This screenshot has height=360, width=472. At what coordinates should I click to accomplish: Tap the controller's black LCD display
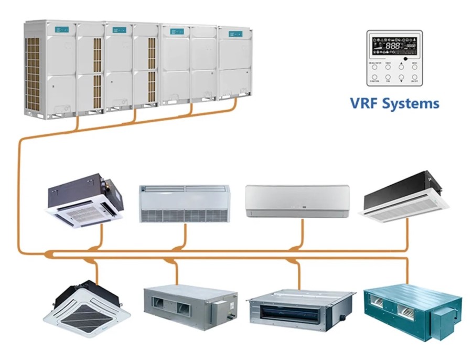[395, 47]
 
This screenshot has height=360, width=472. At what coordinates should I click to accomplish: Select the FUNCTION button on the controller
[374, 77]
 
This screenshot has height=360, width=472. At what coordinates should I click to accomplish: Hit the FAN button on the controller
[388, 77]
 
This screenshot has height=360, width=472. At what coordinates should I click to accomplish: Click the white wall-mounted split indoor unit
[297, 200]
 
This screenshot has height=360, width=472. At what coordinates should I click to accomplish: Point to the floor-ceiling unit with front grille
[184, 203]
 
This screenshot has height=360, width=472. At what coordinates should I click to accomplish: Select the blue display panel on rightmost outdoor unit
[235, 34]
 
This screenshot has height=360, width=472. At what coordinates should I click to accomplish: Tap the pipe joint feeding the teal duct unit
[407, 259]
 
